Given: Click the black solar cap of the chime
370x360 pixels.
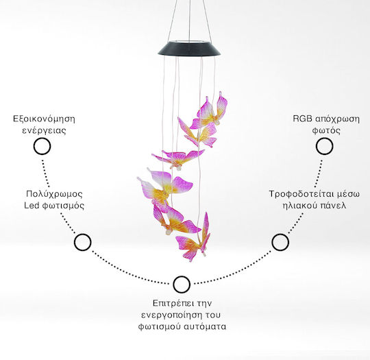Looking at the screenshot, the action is [189, 49].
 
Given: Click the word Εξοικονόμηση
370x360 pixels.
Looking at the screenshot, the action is [44, 119].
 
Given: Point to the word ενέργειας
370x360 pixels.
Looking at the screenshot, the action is [44, 131].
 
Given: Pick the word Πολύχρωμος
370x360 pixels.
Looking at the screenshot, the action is [55, 194].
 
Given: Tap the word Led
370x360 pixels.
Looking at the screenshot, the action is [32, 206].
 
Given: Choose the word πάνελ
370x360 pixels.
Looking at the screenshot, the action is [334, 206].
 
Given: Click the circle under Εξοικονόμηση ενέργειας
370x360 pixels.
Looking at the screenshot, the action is [42, 147].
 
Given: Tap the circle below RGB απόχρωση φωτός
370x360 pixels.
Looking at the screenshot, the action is [324, 147].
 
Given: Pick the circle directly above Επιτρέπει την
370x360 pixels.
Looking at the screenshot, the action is [182, 285].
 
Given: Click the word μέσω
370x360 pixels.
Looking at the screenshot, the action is [348, 195].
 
